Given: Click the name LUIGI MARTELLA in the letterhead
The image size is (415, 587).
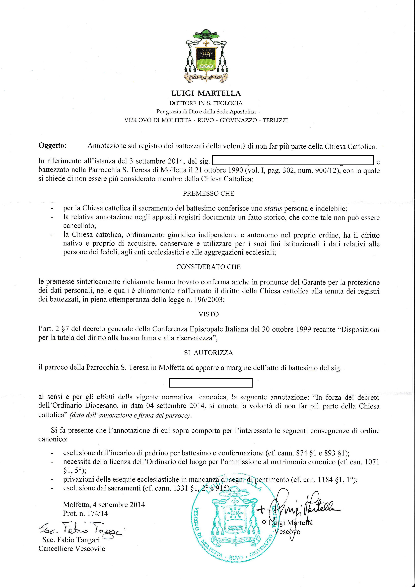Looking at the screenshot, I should [x=206, y=93].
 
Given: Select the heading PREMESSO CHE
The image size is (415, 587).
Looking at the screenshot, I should [x=209, y=193].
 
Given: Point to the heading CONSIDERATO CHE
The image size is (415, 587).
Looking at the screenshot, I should [x=209, y=267].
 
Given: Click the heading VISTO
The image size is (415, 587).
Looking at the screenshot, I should [x=209, y=314].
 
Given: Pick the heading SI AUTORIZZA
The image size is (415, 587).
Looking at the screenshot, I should [x=209, y=353].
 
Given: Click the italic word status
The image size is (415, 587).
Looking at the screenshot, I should [x=273, y=208].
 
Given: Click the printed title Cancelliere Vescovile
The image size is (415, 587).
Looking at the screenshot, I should [x=72, y=549].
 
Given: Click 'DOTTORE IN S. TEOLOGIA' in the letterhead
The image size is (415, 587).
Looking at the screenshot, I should [x=206, y=103].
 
